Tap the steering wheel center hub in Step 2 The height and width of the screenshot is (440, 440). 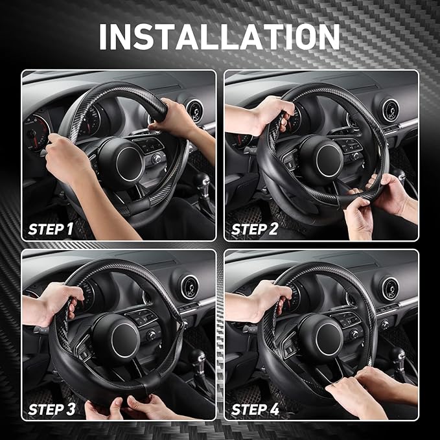pos(321,159)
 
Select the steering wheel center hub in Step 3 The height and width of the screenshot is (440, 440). pos(116,338)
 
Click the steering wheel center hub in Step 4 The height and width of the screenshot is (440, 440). pos(321,337)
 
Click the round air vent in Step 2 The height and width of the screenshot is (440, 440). pos(391,110)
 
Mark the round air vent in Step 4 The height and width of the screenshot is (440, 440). pos(391,289)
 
